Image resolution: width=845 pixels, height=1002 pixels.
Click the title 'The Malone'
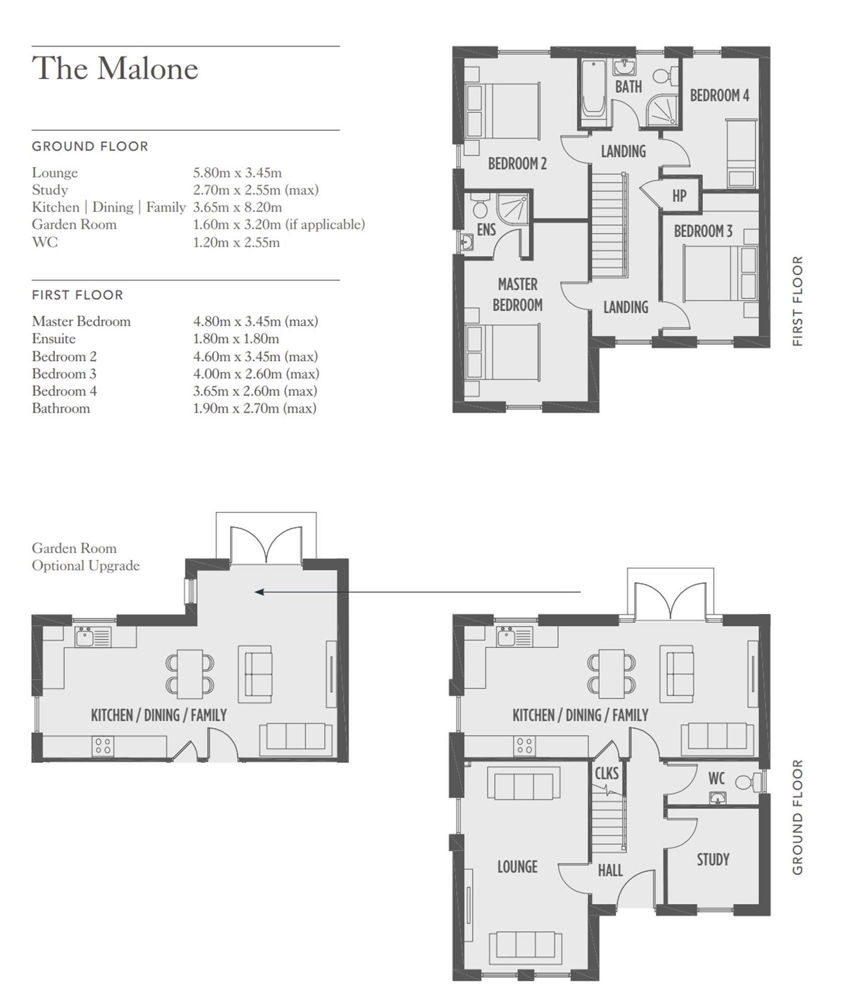115,68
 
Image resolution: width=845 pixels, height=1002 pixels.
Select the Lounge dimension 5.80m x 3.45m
237,173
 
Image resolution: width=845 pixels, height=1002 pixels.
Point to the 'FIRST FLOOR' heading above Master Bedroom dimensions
78,295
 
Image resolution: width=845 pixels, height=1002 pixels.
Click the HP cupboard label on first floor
679,196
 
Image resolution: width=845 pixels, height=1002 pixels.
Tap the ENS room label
486,230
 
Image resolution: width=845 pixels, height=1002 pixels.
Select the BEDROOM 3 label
703,231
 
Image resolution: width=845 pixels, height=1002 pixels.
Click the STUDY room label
713,860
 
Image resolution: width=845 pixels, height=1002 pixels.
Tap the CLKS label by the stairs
607,774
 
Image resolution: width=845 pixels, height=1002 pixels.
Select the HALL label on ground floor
611,871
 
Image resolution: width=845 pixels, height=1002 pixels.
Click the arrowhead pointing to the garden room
259,592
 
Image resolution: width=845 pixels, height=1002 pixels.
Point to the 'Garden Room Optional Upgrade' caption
86,557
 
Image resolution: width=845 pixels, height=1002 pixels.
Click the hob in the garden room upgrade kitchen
103,746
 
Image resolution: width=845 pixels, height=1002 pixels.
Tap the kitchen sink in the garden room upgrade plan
93,637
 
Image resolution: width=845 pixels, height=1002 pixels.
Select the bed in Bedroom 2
502,111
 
